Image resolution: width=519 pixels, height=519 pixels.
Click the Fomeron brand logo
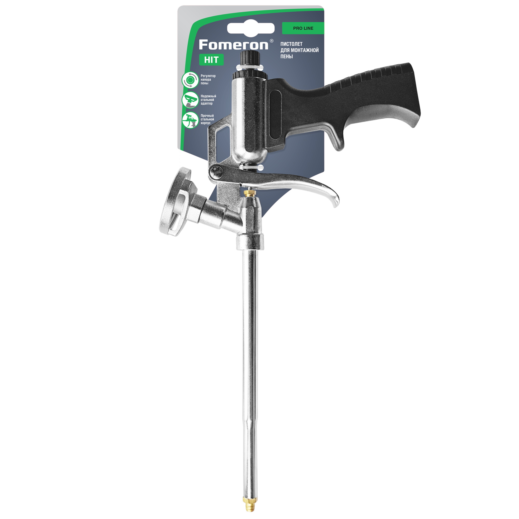point(234,45)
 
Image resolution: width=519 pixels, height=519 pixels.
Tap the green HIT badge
point(211,60)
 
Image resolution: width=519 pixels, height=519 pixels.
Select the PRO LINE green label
point(303,28)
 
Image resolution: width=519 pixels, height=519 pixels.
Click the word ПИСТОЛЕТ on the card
point(291,44)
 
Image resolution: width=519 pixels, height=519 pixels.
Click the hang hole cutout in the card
point(251,28)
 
